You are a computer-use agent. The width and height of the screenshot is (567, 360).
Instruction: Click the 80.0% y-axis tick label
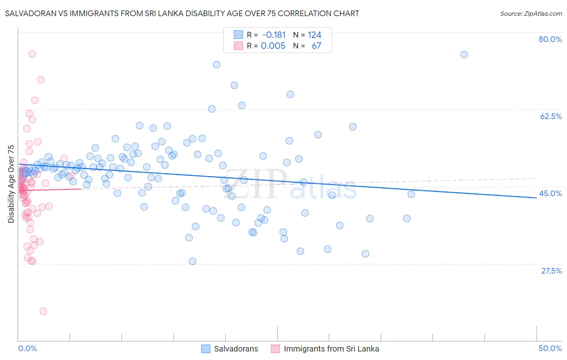tap(550, 39)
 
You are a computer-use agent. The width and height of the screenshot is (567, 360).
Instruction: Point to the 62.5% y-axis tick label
tap(551, 116)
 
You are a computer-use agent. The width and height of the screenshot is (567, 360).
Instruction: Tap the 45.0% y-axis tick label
tap(550, 193)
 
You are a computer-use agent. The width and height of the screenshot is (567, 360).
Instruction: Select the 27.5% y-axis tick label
tap(551, 271)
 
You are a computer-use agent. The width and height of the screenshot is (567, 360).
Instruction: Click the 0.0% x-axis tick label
tap(27, 348)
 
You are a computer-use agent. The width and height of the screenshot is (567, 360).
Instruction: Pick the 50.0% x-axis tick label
tap(550, 348)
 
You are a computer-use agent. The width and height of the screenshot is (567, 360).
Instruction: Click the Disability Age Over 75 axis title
tap(11, 184)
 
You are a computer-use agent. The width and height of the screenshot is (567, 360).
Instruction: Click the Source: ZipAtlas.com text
tap(531, 14)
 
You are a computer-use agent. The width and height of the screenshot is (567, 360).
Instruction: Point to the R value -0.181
tap(273, 35)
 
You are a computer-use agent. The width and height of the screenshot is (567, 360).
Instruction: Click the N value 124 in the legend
tap(315, 35)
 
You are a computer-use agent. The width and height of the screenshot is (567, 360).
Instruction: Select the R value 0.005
tap(273, 46)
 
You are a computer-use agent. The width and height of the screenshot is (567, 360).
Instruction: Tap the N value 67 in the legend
tap(316, 46)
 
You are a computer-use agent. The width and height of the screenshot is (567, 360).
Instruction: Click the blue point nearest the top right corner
tap(464, 54)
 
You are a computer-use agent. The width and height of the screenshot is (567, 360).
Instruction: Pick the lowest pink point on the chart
tap(43, 311)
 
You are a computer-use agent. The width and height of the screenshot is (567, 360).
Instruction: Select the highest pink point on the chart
tap(32, 54)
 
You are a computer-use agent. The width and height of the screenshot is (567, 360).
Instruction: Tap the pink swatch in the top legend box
tap(238, 46)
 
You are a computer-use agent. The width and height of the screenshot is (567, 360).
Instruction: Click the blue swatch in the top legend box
tap(238, 35)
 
